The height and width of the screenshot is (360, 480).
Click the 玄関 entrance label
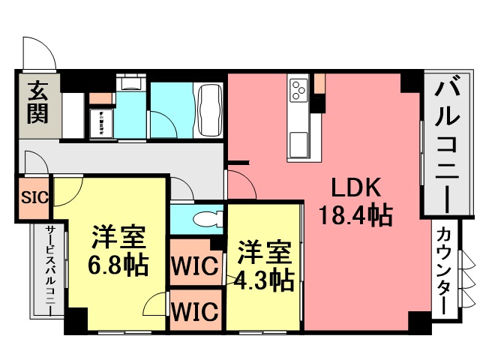coord(38,102)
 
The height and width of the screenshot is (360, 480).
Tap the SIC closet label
coord(35,197)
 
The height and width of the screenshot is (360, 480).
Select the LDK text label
coord(356,187)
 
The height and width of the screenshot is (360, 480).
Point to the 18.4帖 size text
coord(355,215)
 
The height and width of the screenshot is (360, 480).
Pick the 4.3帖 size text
coord(264,280)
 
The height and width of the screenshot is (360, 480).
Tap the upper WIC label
coord(195,265)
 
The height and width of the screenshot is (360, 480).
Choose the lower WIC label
coord(195,310)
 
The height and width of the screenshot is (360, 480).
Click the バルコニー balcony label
coord(447,147)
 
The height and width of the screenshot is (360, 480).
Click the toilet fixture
coord(208,219)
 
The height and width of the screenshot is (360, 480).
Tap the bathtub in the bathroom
coord(210,111)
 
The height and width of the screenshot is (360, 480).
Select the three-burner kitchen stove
coord(298,90)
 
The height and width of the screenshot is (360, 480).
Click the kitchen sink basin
coord(298,143)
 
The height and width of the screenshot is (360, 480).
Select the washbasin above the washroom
coord(131,82)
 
